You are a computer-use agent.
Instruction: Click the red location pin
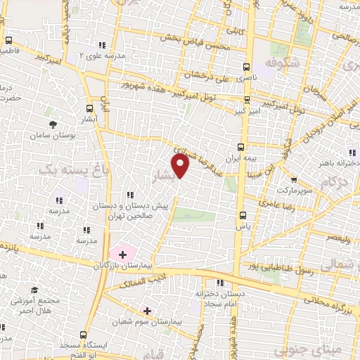pos(181,166)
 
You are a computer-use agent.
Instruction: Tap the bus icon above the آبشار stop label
pos(89,109)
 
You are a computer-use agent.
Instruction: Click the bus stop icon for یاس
pos(243,216)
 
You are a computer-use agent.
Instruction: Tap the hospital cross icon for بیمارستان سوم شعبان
pos(147,310)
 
